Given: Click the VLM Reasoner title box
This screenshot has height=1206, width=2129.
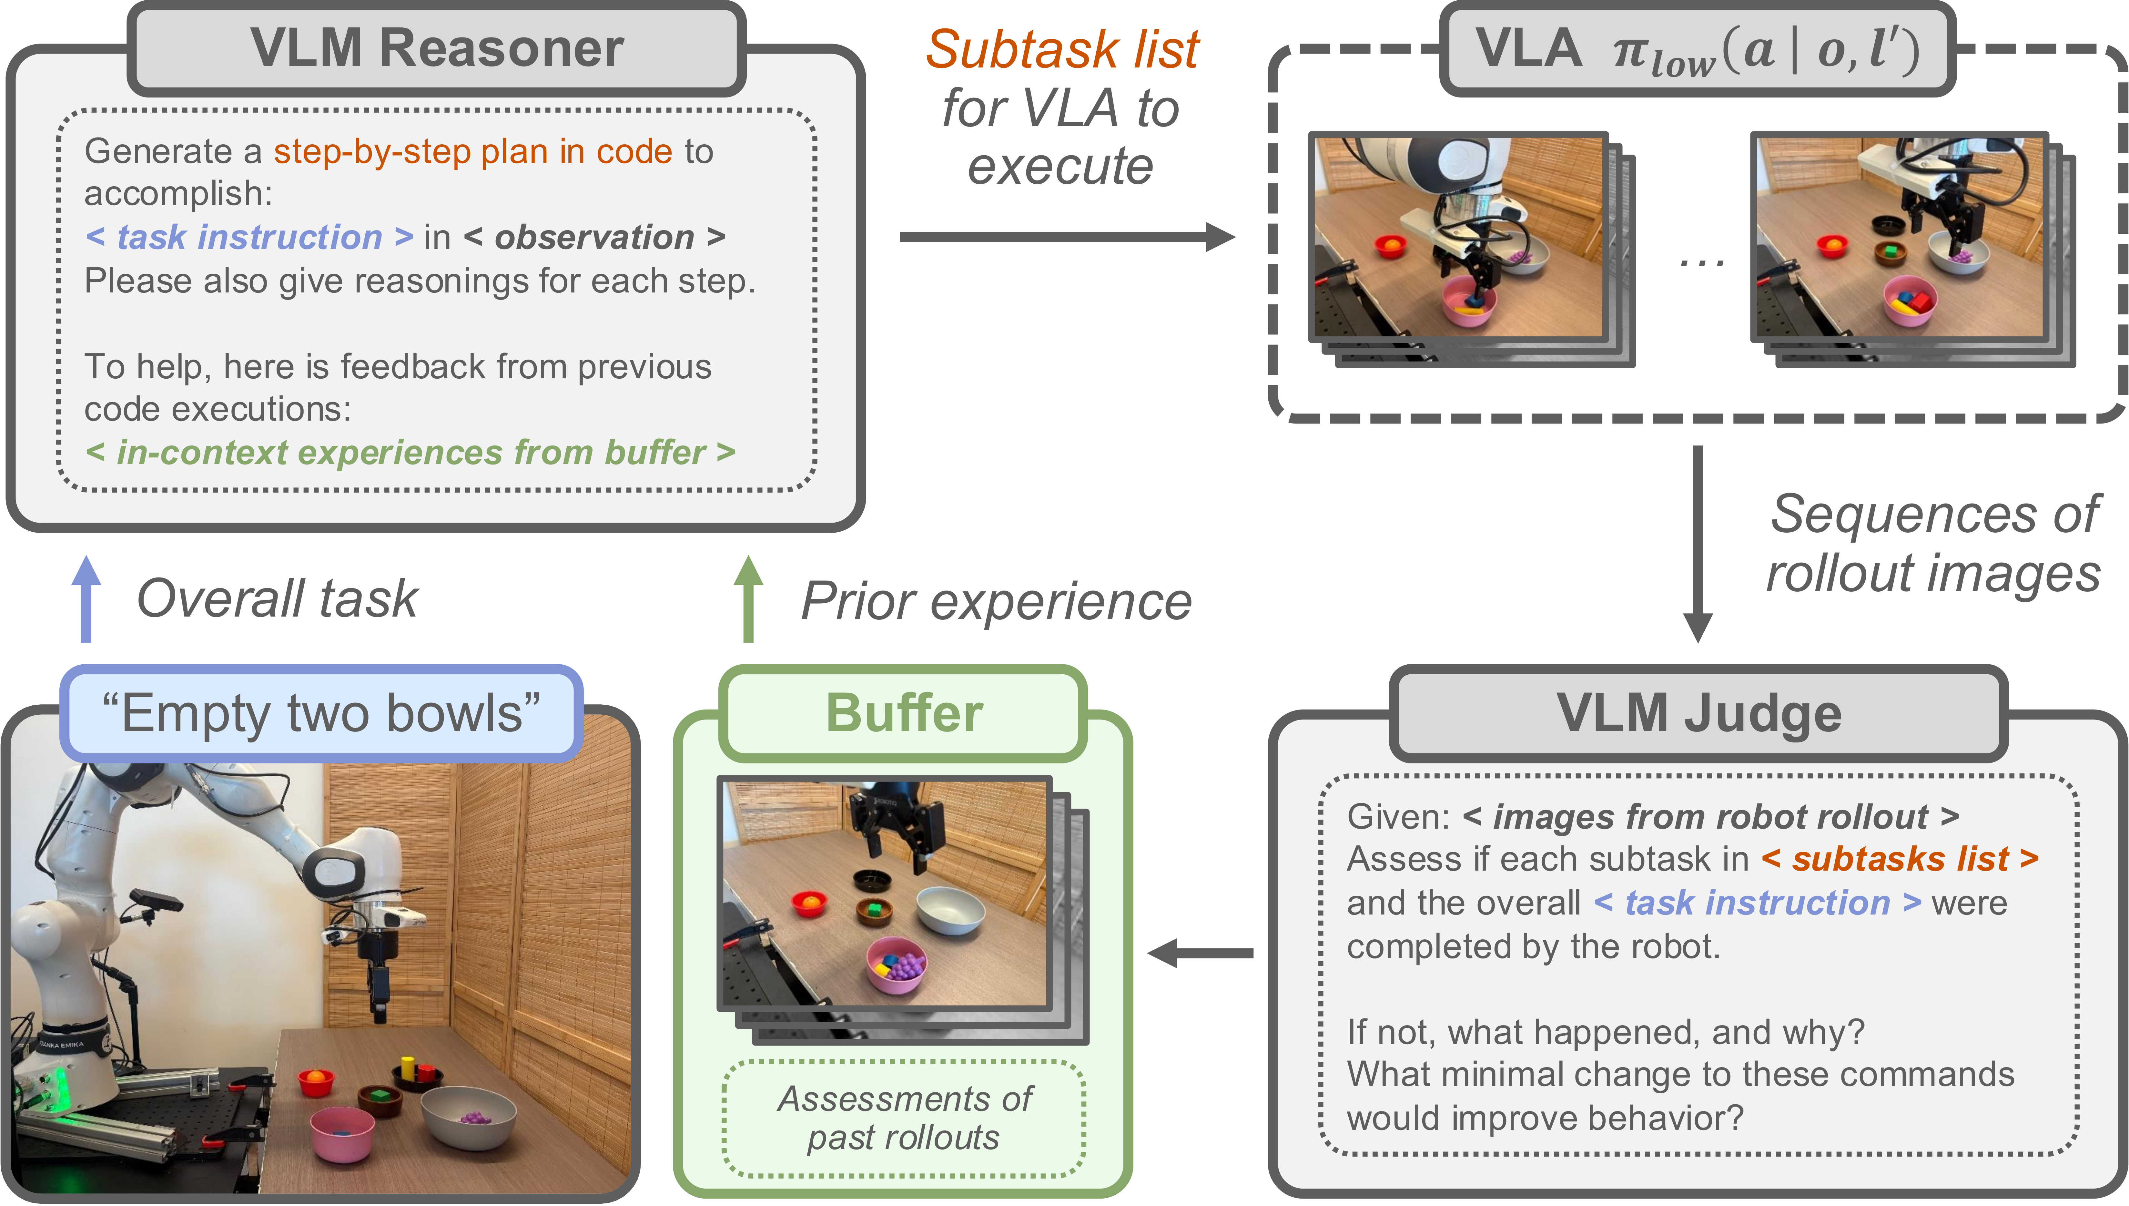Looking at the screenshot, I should (436, 48).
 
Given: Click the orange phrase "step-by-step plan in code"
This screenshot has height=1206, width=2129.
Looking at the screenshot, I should (473, 152).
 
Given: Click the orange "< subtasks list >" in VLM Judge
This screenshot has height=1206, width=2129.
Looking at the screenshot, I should (1900, 859).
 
